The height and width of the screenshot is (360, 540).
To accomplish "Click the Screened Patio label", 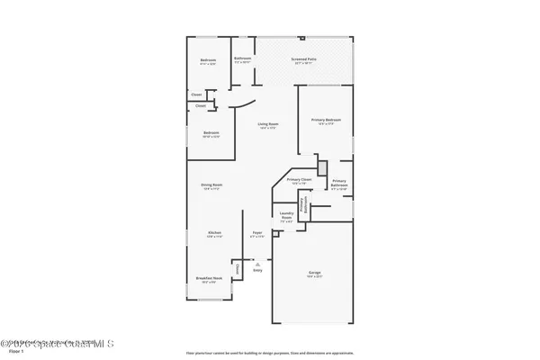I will [302, 61].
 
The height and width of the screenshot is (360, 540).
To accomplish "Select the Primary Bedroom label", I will [324, 121].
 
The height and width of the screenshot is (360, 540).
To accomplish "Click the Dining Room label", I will [211, 186].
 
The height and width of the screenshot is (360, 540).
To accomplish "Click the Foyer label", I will [257, 234].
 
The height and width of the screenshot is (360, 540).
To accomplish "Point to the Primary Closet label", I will [299, 181].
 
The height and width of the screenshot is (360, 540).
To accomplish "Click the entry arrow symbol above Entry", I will [257, 264].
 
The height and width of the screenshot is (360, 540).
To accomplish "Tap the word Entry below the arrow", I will [257, 270].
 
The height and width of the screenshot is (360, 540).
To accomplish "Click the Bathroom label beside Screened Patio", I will [243, 61].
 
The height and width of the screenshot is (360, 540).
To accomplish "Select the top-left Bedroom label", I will [208, 62].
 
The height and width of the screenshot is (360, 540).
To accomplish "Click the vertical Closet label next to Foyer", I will [237, 268].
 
